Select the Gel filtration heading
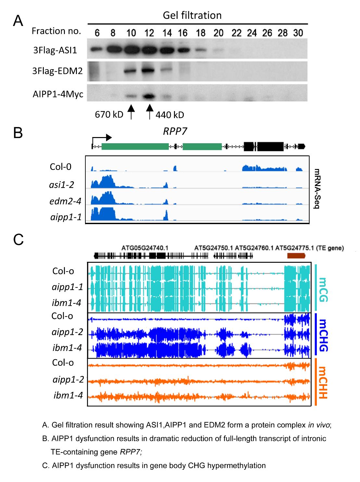(x=192, y=15)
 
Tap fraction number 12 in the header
(x=149, y=33)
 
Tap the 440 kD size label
(x=169, y=115)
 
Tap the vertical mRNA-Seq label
(x=317, y=189)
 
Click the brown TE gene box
(x=296, y=256)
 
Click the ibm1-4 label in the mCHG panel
(x=67, y=348)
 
